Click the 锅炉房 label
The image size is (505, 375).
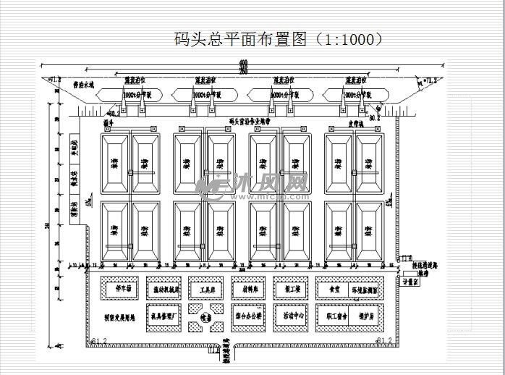pos(369,316)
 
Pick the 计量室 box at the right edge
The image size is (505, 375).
pos(411,283)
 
